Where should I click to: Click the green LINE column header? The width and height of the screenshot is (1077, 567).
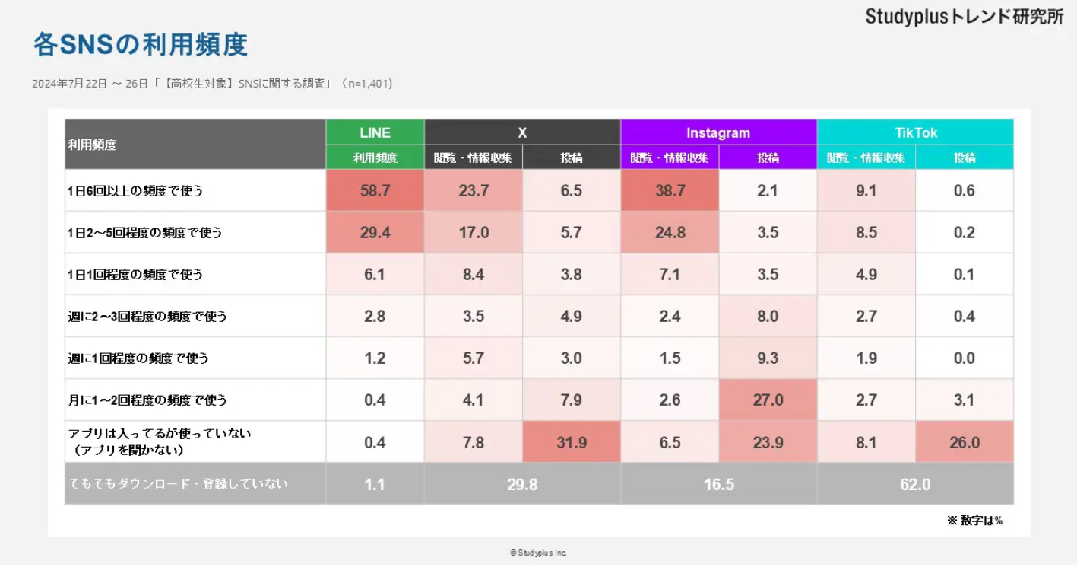[x=375, y=132]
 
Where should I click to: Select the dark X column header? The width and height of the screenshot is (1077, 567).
[x=522, y=132]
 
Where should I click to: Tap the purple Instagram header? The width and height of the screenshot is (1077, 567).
[x=718, y=132]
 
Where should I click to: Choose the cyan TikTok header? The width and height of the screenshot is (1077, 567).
[x=915, y=132]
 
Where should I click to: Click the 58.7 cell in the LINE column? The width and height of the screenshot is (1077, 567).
[x=375, y=191]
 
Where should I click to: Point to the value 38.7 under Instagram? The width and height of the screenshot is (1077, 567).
[x=670, y=191]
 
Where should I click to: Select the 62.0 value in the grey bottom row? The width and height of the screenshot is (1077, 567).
[x=915, y=484]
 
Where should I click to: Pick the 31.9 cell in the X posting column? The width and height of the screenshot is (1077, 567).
[x=572, y=442]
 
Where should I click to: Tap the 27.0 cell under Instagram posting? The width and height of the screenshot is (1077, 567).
[x=768, y=400]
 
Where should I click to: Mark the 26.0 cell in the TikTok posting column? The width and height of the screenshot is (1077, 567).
[x=964, y=442]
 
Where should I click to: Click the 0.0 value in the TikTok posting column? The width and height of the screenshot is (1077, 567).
[x=964, y=358]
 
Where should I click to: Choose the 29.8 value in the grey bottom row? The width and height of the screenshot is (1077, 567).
[x=522, y=484]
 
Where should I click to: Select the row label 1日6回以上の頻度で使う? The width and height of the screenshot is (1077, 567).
[x=135, y=191]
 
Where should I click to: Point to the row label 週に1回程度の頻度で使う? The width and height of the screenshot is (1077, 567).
[x=138, y=358]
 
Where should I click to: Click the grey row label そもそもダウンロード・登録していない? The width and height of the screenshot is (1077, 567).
[x=179, y=484]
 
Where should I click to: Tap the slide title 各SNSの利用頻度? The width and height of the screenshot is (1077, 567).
[x=141, y=44]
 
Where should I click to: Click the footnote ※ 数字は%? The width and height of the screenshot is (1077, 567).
[x=974, y=521]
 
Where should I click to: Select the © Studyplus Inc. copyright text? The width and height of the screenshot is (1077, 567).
[x=538, y=553]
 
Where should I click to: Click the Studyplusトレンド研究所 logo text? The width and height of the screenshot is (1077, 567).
[x=965, y=17]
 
